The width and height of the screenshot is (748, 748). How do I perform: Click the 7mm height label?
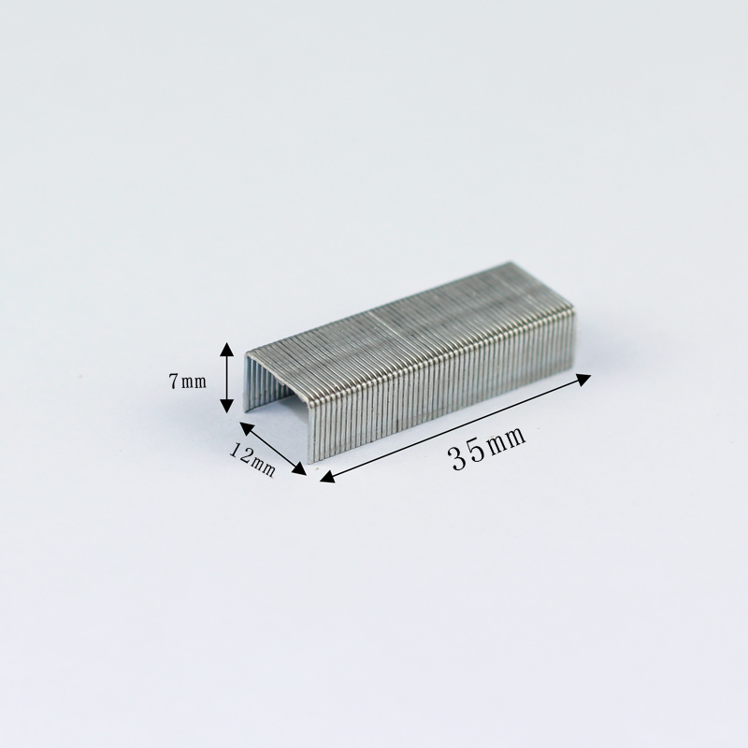point(188,381)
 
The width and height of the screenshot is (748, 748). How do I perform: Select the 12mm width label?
point(252,460)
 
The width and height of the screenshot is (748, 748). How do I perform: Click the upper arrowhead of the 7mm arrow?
point(226,350)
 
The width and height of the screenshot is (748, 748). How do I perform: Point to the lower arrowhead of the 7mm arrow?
point(226,405)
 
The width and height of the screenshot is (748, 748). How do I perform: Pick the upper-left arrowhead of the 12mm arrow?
point(247,428)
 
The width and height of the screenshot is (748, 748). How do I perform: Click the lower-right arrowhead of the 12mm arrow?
point(299,469)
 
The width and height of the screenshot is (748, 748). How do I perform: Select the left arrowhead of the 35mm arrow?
point(328,477)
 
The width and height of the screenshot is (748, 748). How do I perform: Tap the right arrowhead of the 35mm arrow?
point(583,380)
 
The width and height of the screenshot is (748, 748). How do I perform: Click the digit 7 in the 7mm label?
point(173,381)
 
